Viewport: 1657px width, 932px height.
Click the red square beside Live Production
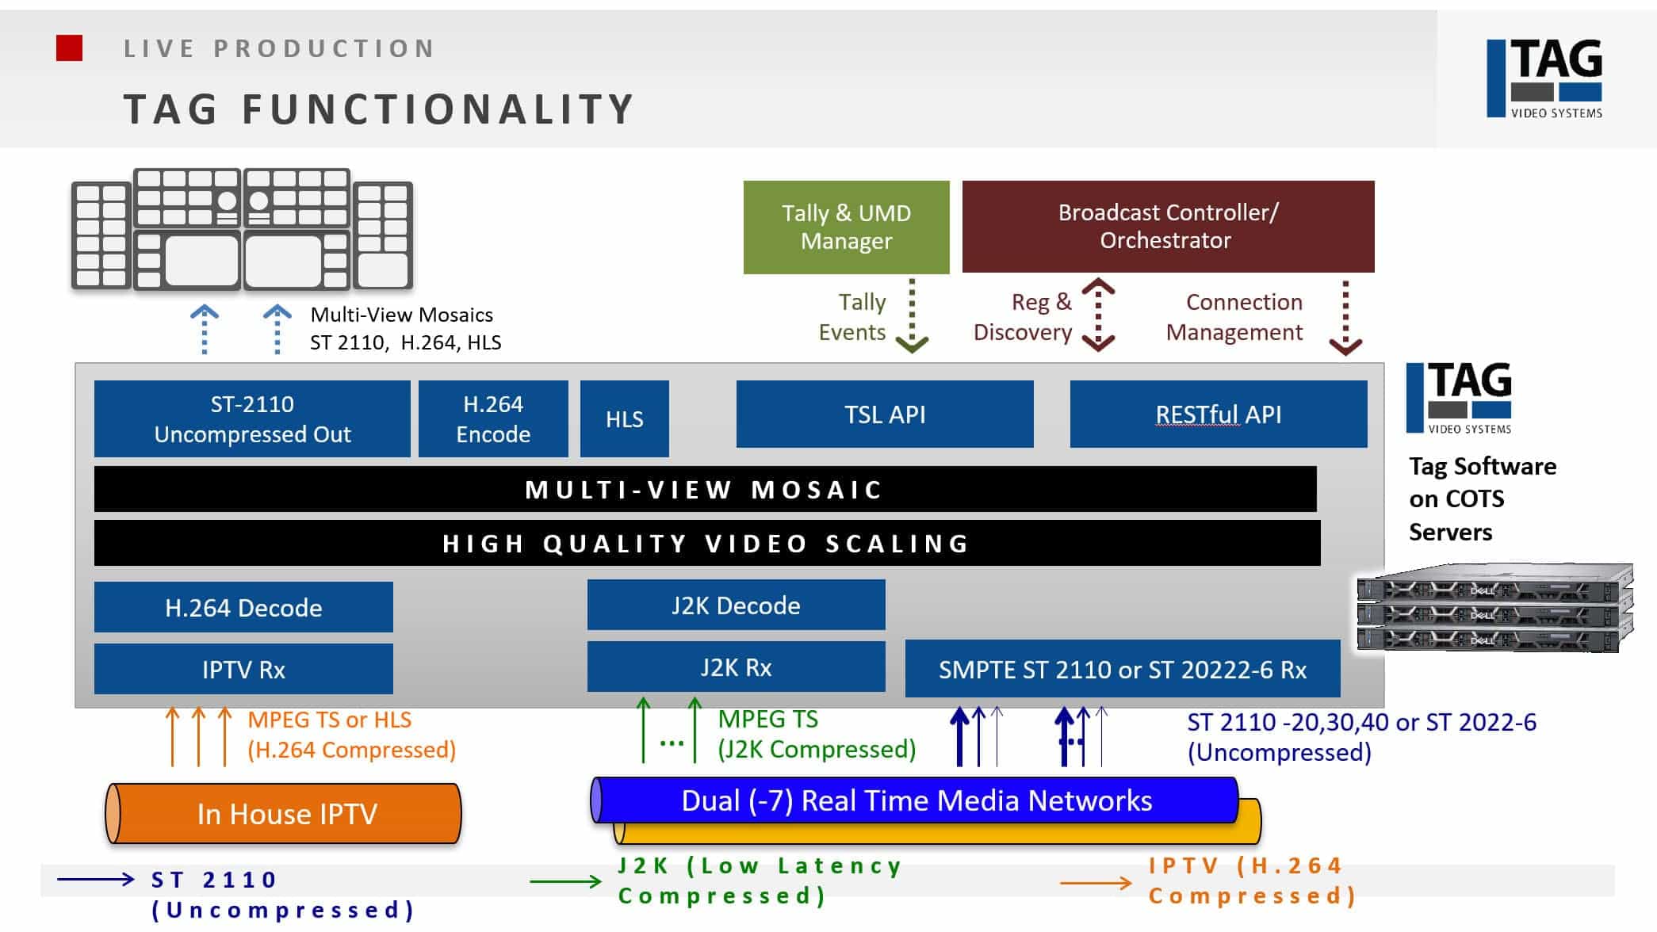pyautogui.click(x=70, y=48)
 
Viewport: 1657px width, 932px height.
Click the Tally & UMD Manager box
pyautogui.click(x=846, y=227)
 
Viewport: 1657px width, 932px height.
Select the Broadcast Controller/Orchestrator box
pyautogui.click(x=1168, y=227)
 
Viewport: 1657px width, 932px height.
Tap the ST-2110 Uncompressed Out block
pyautogui.click(x=252, y=418)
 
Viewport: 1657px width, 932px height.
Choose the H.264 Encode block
pyautogui.click(x=493, y=418)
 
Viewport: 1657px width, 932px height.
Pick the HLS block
pyautogui.click(x=624, y=418)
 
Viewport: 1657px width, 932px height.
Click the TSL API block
pyautogui.click(x=885, y=414)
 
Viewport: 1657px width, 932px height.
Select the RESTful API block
pyautogui.click(x=1218, y=414)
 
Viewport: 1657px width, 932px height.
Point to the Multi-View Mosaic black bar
pyautogui.click(x=705, y=489)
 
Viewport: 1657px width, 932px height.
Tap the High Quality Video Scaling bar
pyautogui.click(x=706, y=543)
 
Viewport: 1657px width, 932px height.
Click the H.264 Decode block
pyautogui.click(x=243, y=607)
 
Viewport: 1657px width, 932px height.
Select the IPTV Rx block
pyautogui.click(x=243, y=669)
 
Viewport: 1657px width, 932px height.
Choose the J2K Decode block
pyautogui.click(x=736, y=605)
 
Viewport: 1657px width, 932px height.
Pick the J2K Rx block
pyautogui.click(x=736, y=667)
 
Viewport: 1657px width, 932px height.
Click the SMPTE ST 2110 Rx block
pyautogui.click(x=1122, y=669)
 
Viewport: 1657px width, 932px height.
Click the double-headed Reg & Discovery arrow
pyautogui.click(x=1098, y=315)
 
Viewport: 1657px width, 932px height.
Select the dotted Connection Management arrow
pyautogui.click(x=1345, y=317)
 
